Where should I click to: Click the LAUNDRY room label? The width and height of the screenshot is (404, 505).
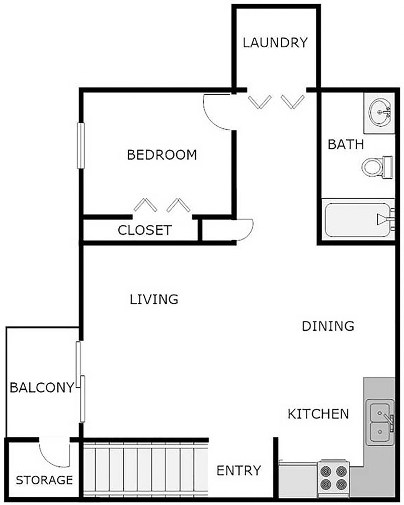coord(275,43)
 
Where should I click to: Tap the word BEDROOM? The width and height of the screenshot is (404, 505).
coord(161,155)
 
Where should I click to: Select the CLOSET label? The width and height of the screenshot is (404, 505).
coord(144,231)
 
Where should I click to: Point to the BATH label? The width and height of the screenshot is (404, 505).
coord(346,145)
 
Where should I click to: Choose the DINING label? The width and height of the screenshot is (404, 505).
coord(328,326)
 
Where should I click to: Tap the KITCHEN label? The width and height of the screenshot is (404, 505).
coord(318,414)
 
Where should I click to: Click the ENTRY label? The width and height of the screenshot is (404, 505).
coord(238,471)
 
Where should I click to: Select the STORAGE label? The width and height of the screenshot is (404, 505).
coord(44,480)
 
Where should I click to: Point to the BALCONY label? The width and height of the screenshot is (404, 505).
coord(42,388)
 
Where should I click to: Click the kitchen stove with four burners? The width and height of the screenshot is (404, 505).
coord(334,477)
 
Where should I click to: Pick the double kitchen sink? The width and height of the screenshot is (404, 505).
coord(380,422)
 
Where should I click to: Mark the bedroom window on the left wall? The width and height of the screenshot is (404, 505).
coord(79,145)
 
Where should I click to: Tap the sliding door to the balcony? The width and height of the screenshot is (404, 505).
coord(80,382)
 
